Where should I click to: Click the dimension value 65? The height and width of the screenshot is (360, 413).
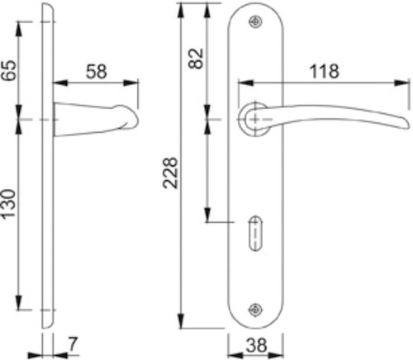[x=9, y=70]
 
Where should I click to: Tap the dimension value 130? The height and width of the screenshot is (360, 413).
[x=9, y=204]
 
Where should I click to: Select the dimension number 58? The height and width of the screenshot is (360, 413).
[x=96, y=72]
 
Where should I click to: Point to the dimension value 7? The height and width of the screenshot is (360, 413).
[x=73, y=343]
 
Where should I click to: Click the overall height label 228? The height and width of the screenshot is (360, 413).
[x=170, y=173]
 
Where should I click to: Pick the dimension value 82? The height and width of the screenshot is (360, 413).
[x=196, y=59]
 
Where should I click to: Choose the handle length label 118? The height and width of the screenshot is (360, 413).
[x=324, y=71]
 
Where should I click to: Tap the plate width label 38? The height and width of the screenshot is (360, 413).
[x=256, y=345]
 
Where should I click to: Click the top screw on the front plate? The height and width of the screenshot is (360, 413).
[x=255, y=22]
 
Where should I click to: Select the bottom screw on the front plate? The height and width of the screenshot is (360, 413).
[x=255, y=310]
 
